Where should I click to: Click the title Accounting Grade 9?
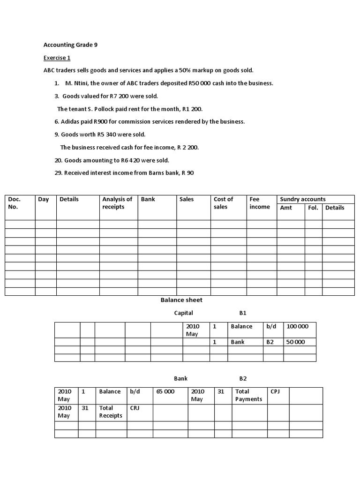[x=70, y=45]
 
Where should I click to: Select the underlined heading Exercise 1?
[x=57, y=58]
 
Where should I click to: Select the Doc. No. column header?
[x=15, y=203]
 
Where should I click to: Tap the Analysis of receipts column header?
[x=117, y=203]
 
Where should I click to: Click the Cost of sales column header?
[x=223, y=203]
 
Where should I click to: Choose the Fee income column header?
[x=260, y=203]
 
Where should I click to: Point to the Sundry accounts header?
[x=303, y=199]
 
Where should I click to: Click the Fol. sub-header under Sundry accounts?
[x=313, y=208]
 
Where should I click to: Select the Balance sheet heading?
[x=181, y=300]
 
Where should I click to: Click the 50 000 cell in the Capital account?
[x=295, y=342]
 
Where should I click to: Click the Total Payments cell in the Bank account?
[x=249, y=395]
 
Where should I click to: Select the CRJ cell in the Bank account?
[x=135, y=408]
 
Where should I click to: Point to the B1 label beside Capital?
[x=243, y=313]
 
